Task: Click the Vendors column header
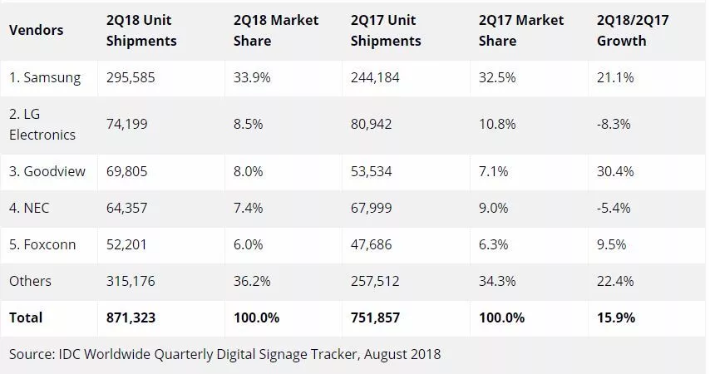(x=36, y=31)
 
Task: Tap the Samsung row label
(x=45, y=78)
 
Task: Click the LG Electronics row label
(x=42, y=124)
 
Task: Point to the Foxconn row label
(x=43, y=244)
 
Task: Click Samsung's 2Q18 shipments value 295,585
(x=132, y=78)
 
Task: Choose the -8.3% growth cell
(x=614, y=124)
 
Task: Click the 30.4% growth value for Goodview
(x=615, y=171)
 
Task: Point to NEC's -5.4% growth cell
(x=614, y=208)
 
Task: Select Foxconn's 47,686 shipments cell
(x=371, y=244)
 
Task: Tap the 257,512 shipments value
(x=374, y=281)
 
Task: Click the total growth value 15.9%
(x=616, y=317)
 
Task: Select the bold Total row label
(x=26, y=317)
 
